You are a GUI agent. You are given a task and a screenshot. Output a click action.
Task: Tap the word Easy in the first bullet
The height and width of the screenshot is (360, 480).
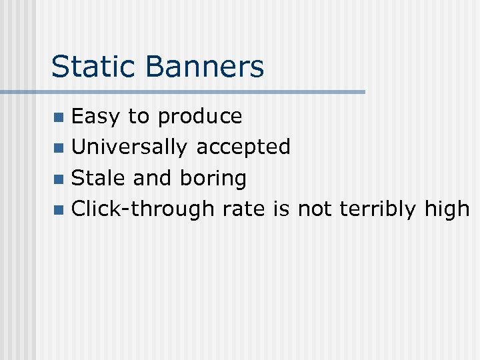click(96, 117)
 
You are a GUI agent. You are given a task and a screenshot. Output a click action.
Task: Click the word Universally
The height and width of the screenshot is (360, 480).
click(129, 147)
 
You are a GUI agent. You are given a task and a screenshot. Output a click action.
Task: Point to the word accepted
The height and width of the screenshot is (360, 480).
click(243, 147)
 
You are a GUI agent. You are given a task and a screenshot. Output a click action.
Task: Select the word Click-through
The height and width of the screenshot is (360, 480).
click(143, 209)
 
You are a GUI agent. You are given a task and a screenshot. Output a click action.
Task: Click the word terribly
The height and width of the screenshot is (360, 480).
click(378, 209)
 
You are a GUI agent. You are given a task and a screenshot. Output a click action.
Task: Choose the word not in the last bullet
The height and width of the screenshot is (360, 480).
click(315, 209)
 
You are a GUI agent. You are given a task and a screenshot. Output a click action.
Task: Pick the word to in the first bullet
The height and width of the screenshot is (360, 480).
click(139, 117)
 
